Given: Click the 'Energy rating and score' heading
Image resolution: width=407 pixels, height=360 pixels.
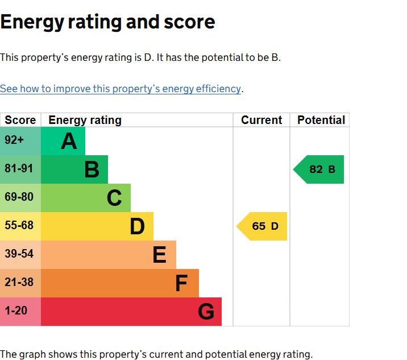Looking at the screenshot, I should point(107,22).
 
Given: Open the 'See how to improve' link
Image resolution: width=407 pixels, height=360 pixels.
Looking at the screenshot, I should point(121,89).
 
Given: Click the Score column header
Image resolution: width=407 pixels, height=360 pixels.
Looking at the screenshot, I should point(20,120).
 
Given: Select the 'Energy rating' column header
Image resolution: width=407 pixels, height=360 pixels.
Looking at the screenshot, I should point(85,120).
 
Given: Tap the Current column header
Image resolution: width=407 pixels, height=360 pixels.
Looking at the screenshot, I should point(261,120).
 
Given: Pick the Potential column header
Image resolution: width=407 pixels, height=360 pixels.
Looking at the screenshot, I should point(321,120).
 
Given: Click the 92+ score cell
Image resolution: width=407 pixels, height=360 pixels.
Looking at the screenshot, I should point(15,140).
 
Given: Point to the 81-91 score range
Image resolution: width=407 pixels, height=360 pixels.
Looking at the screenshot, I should point(19,169).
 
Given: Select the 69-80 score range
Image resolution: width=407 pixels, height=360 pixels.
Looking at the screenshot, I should point(19,197).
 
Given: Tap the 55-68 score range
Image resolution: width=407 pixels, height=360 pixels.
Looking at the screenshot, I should point(19,226).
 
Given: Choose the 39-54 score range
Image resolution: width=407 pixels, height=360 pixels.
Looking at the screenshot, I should point(19,254).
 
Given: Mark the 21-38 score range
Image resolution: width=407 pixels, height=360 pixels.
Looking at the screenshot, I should point(19,283).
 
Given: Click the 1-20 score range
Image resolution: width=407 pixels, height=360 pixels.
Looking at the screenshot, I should point(16,311).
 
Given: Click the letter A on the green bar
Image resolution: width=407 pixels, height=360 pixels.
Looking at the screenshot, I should point(69,141).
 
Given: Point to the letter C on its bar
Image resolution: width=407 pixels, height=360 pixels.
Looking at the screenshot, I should point(114,198).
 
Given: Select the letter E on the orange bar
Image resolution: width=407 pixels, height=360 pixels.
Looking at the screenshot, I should point(159,255).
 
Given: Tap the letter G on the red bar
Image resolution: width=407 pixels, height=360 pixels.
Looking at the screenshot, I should point(206,312).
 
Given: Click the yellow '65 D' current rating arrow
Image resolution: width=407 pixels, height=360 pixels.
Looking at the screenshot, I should point(263,226).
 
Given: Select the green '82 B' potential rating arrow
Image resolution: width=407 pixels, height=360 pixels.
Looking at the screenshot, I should point(320,169).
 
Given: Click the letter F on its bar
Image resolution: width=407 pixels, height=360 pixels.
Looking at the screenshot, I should point(181,283).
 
